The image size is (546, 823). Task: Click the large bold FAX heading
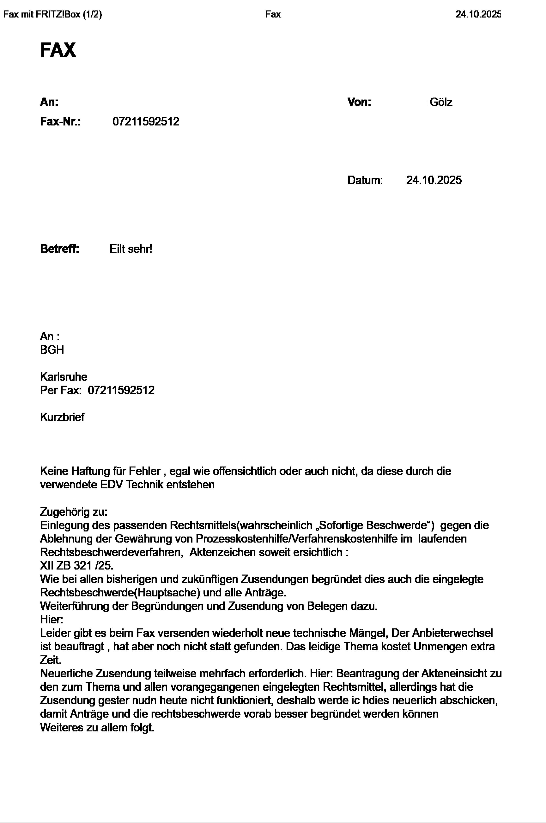click(x=58, y=50)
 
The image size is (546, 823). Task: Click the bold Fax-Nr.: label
click(x=61, y=122)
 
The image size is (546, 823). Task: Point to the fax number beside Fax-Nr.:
click(x=146, y=122)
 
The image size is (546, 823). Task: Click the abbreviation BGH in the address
click(x=52, y=350)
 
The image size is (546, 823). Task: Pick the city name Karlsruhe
click(x=64, y=376)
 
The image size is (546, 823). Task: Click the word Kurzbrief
click(x=62, y=417)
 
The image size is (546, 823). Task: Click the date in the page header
click(x=478, y=14)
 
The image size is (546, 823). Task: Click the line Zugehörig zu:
click(x=74, y=512)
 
